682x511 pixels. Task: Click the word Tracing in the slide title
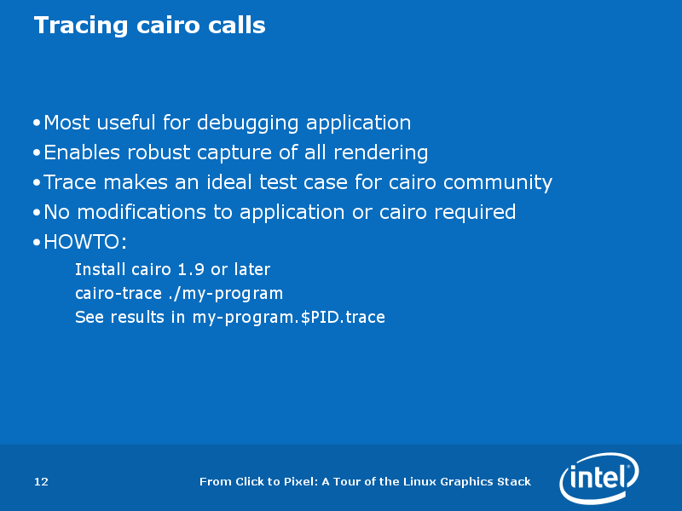click(x=81, y=26)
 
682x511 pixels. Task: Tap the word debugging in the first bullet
click(x=247, y=123)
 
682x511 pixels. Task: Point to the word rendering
click(x=380, y=153)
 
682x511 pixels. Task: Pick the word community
click(x=498, y=183)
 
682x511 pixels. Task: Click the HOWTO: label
click(x=85, y=242)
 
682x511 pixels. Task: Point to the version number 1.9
click(x=191, y=270)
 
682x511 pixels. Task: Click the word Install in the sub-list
click(x=100, y=269)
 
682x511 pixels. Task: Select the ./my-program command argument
click(x=225, y=294)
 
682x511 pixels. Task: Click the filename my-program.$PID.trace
click(x=288, y=318)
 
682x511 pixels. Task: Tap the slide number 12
click(x=41, y=481)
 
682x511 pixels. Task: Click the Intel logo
click(x=599, y=478)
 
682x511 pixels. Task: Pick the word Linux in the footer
click(x=419, y=481)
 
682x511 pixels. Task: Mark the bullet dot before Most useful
click(x=37, y=123)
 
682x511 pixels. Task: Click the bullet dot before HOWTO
click(x=37, y=243)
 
